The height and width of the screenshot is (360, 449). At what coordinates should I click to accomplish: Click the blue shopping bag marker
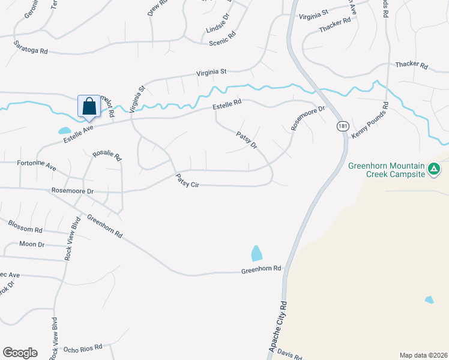[x=89, y=106]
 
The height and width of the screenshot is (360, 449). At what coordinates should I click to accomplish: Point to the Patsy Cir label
[x=187, y=181]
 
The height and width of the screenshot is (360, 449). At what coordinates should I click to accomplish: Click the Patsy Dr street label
[x=247, y=141]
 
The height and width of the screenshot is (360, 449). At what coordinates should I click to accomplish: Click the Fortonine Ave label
[x=36, y=165]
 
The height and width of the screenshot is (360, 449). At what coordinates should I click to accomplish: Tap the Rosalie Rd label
[x=107, y=157]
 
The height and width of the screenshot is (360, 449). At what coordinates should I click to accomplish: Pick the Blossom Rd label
[x=25, y=227]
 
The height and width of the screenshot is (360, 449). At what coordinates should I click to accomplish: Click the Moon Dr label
[x=32, y=244]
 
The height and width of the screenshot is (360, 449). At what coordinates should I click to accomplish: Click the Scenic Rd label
[x=222, y=43]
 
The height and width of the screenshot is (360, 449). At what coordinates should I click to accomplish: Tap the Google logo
[x=20, y=353]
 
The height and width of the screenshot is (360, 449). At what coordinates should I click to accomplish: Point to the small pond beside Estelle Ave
[x=64, y=130]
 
